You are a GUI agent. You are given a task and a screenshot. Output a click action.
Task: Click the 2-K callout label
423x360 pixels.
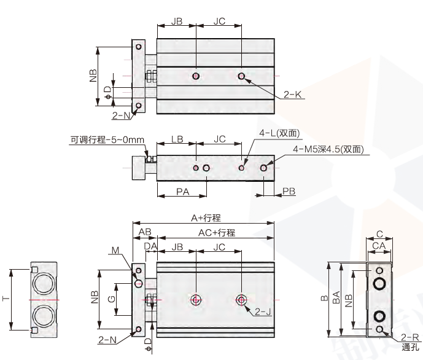point(293,95)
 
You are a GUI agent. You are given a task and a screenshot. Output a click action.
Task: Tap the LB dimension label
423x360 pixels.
point(177,140)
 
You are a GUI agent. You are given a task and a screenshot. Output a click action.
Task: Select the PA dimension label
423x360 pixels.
point(182,192)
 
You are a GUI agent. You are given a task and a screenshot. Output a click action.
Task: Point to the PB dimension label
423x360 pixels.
point(289,192)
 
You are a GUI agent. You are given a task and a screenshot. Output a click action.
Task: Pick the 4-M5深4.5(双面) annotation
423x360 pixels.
point(328,149)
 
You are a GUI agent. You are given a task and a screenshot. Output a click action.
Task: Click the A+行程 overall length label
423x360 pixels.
point(206,217)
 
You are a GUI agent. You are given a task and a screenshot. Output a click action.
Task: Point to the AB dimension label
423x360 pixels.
point(145,232)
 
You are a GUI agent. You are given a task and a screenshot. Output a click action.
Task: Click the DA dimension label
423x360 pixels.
point(150,247)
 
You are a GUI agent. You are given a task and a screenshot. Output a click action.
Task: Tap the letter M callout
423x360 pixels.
point(117,250)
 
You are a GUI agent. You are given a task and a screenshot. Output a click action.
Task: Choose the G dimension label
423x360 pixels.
point(111,300)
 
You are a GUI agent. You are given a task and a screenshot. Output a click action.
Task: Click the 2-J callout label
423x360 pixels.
point(263,311)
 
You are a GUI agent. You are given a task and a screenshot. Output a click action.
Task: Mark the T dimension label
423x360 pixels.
point(6,299)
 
